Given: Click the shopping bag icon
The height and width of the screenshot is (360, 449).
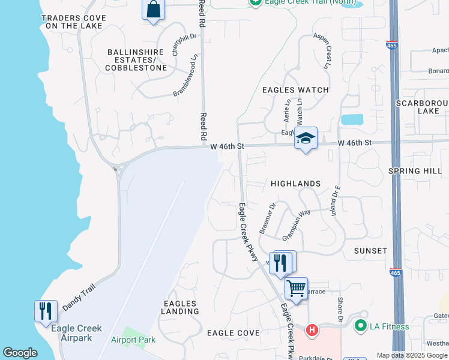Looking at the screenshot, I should pyautogui.click(x=153, y=10).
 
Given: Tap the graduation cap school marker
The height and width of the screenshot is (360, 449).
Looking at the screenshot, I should pyautogui.click(x=306, y=139).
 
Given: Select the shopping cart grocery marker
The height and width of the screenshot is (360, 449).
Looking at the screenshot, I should pyautogui.click(x=296, y=289).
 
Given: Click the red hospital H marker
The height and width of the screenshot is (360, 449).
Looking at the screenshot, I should pyautogui.click(x=312, y=329).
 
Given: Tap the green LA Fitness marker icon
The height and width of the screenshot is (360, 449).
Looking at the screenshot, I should pyautogui.click(x=360, y=326).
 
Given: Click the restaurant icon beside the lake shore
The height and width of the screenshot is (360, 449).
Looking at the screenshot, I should pyautogui.click(x=46, y=311).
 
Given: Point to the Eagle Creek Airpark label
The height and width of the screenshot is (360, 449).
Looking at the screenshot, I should pyautogui.click(x=76, y=333).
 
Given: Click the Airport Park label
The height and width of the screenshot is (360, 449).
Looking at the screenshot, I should pyautogui.click(x=133, y=340).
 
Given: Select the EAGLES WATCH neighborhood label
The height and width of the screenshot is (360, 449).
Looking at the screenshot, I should pyautogui.click(x=295, y=90).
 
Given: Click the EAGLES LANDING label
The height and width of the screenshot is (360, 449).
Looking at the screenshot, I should pyautogui.click(x=180, y=308).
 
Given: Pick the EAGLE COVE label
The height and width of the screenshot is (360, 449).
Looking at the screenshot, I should pyautogui.click(x=234, y=332).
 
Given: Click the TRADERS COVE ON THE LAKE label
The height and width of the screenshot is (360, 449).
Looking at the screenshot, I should pyautogui.click(x=74, y=22).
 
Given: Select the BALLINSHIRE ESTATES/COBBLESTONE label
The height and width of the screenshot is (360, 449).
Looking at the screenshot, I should pyautogui.click(x=136, y=60).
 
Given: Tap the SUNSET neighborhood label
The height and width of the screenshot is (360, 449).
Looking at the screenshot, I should pyautogui.click(x=370, y=250).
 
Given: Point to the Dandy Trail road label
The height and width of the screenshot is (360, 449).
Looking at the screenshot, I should pyautogui.click(x=79, y=298).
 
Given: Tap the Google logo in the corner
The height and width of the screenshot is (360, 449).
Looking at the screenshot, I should pyautogui.click(x=20, y=353).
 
